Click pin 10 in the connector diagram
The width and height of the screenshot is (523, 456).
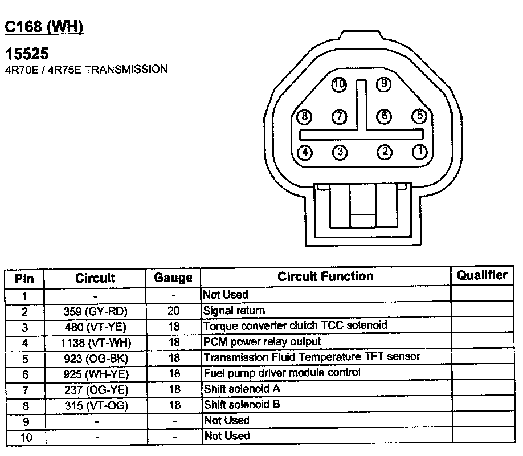pyautogui.click(x=340, y=85)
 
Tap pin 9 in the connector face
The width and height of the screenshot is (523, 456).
pyautogui.click(x=384, y=84)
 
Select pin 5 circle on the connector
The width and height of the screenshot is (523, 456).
pyautogui.click(x=420, y=116)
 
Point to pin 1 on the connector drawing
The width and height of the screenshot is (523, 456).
pyautogui.click(x=420, y=152)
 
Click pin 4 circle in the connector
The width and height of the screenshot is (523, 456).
pyautogui.click(x=305, y=152)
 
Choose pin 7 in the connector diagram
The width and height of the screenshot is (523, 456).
pyautogui.click(x=340, y=116)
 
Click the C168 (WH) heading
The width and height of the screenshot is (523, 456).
pyautogui.click(x=44, y=27)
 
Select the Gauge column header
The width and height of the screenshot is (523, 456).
pyautogui.click(x=173, y=278)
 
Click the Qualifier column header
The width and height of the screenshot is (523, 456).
pyautogui.click(x=482, y=275)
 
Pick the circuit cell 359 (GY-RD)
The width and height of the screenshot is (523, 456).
pyautogui.click(x=95, y=311)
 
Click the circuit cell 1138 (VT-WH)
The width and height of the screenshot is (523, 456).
pyautogui.click(x=95, y=343)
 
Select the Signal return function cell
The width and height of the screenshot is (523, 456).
pyautogui.click(x=234, y=311)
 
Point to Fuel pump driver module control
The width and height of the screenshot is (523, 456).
pyautogui.click(x=282, y=373)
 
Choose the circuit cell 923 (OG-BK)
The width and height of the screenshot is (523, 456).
pyautogui.click(x=95, y=358)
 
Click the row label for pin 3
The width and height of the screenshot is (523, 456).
pyautogui.click(x=24, y=327)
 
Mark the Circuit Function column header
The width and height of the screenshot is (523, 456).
pyautogui.click(x=325, y=276)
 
